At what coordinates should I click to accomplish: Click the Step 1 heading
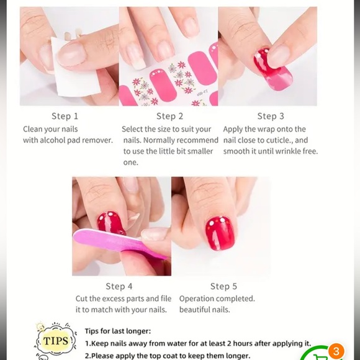point(65,116)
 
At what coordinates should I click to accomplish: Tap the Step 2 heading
point(169,116)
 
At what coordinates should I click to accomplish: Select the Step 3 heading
point(271,116)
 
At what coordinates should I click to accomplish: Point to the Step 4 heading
point(119,286)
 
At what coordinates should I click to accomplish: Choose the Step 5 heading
point(223,286)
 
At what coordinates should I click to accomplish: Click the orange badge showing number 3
point(336,351)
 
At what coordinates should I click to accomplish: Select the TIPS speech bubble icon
point(55,341)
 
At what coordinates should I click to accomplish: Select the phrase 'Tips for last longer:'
point(118,331)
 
